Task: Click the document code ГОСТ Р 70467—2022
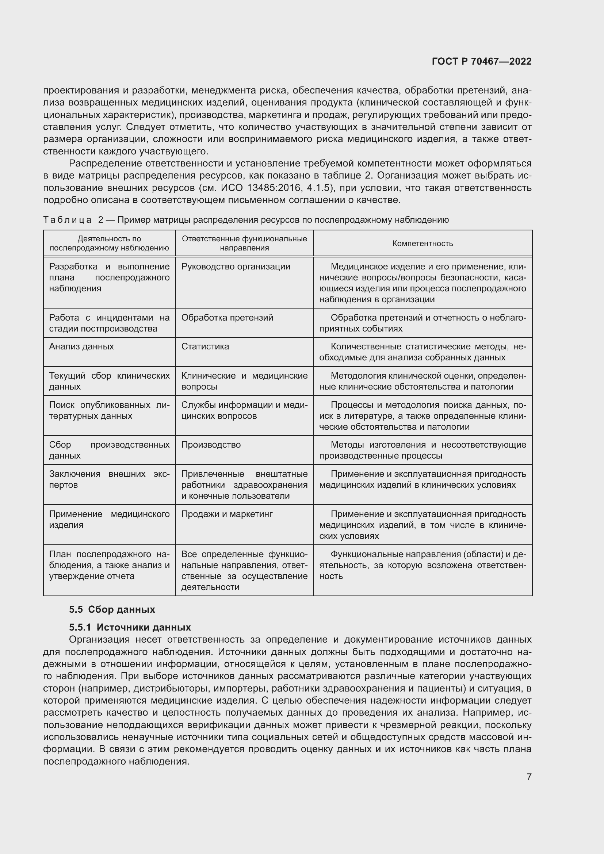tap(482, 61)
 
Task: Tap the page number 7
tap(529, 777)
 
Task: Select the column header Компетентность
tap(423, 244)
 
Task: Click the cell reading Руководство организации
tap(236, 267)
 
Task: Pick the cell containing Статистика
tap(205, 346)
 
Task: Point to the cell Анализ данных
tap(81, 346)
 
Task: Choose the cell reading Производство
tap(211, 445)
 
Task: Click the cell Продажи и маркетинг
tap(227, 514)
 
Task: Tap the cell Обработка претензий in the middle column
tap(227, 318)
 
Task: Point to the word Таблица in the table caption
tap(67, 220)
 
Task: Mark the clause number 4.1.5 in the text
tap(318, 188)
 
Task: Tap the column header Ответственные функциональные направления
tap(244, 243)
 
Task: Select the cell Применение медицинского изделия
tap(109, 519)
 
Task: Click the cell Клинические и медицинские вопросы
tap(244, 381)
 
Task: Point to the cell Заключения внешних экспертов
tap(109, 479)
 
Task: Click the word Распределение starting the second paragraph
tap(105, 163)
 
